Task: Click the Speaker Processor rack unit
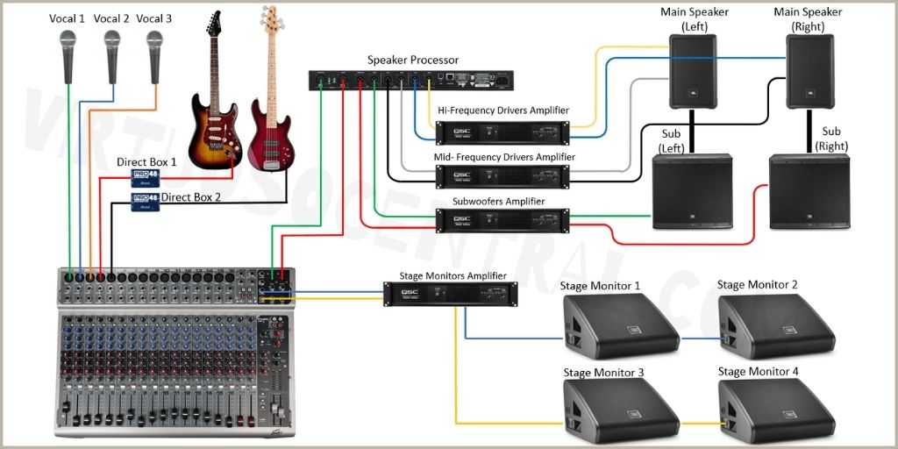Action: pos(411,80)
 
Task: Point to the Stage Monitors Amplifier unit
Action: pos(450,294)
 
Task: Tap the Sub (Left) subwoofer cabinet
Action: pos(692,191)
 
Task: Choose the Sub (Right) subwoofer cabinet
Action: pos(809,191)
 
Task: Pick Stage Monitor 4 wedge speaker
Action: pos(775,411)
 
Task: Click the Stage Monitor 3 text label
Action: pos(603,373)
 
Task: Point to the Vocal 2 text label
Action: pos(111,18)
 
